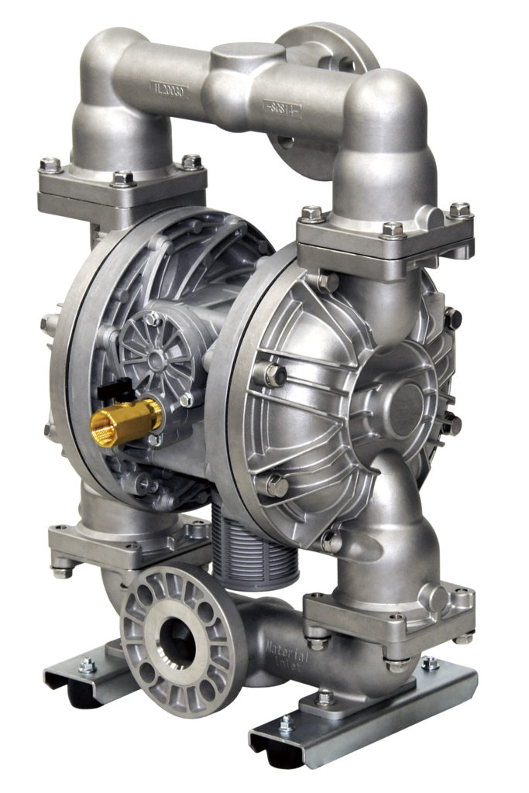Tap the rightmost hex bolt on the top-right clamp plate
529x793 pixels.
coord(460,209)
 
